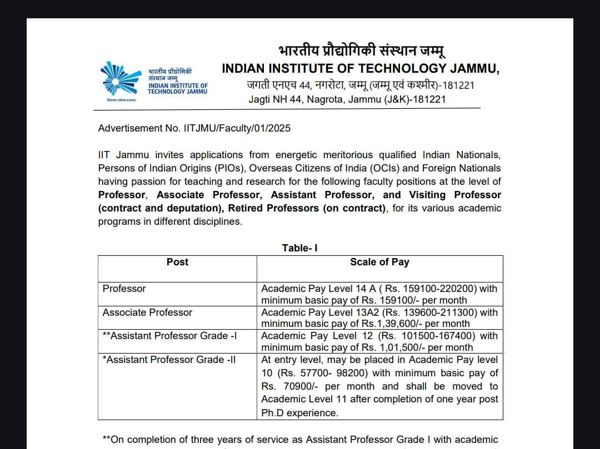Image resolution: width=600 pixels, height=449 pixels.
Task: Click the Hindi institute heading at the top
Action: click(362, 52)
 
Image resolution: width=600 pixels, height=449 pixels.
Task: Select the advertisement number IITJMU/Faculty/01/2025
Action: click(237, 128)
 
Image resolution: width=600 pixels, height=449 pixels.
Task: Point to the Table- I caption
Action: click(300, 248)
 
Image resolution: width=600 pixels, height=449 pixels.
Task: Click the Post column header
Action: click(177, 262)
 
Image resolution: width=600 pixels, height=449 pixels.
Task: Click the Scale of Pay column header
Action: click(379, 262)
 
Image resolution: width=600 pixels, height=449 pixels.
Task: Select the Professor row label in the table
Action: click(124, 289)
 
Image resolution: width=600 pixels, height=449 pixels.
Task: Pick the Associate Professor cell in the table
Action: click(147, 312)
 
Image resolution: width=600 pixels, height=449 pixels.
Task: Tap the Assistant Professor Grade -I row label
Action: click(169, 336)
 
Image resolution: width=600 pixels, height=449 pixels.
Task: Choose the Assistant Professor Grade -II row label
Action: click(169, 360)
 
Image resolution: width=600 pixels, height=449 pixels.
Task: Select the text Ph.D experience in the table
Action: click(299, 413)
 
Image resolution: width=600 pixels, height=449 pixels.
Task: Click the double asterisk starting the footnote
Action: click(106, 440)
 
